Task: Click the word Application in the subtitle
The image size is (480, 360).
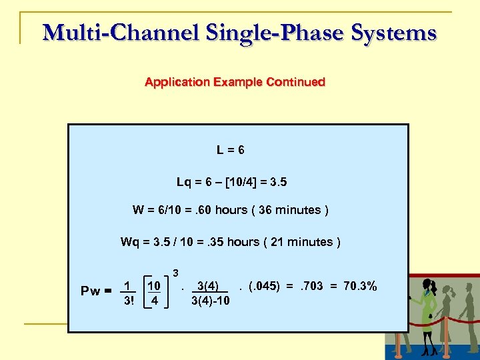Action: [175, 82]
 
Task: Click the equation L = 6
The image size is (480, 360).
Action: [230, 150]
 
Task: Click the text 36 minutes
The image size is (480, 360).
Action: [290, 210]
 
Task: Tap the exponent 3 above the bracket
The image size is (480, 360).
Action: [175, 272]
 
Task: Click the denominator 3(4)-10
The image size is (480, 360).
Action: [210, 300]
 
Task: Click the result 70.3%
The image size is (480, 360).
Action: [361, 286]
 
